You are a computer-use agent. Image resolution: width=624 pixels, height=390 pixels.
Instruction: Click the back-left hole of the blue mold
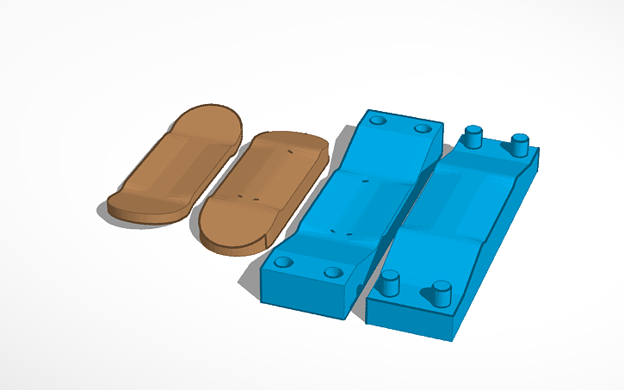[377, 121]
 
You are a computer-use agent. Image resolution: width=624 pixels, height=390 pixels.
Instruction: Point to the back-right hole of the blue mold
[422, 128]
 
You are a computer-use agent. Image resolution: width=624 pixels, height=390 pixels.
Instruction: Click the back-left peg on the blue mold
[472, 136]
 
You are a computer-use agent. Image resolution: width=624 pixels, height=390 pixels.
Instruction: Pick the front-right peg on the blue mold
[442, 293]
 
